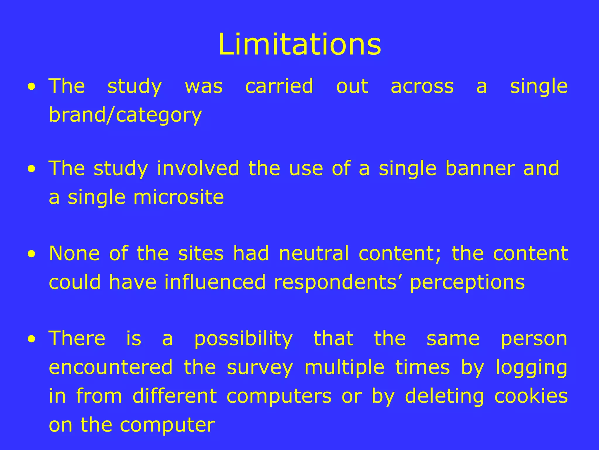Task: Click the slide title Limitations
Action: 299,45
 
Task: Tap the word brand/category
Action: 125,115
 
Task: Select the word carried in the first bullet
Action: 279,86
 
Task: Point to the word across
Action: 422,87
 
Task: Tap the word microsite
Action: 178,197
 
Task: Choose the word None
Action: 74,253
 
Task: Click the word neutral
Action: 314,253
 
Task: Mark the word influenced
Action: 215,282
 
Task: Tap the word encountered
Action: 111,367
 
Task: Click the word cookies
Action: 531,396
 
